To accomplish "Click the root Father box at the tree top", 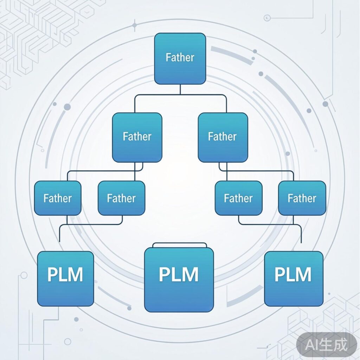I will click(180, 59).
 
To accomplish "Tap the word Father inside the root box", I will click(180, 57).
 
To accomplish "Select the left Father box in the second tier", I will click(137, 137).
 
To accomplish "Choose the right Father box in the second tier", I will click(223, 137).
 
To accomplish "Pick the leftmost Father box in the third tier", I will click(58, 198).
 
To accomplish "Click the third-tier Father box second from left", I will click(121, 198).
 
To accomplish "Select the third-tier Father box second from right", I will click(238, 198).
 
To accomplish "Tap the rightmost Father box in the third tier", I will click(302, 198).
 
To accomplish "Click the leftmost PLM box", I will click(66, 278).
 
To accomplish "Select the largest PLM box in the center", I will click(179, 279).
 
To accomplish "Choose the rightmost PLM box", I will click(294, 278).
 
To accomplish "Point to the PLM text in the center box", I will click(179, 274).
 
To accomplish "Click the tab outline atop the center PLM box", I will click(179, 245).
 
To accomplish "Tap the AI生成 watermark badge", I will click(326, 345).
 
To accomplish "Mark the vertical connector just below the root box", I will click(180, 89).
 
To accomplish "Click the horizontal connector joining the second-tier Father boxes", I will click(180, 95).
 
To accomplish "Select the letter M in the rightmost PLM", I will click(304, 274).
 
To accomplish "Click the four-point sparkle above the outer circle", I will click(134, 25).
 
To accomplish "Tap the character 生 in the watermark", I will click(327, 345).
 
